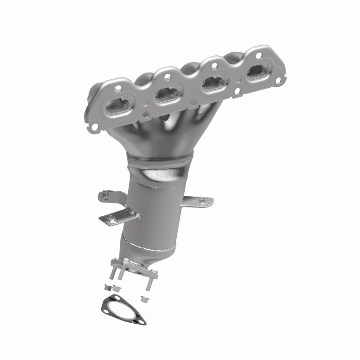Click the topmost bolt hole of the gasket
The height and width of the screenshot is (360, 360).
pos(104,301)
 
